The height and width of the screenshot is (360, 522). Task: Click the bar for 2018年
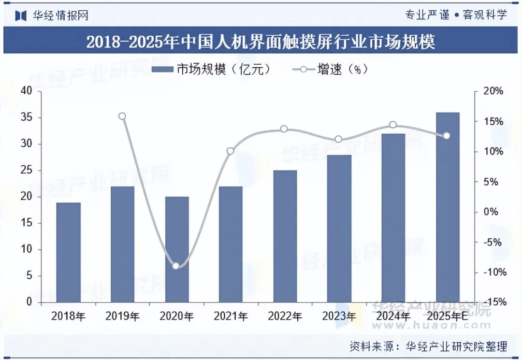click(x=68, y=252)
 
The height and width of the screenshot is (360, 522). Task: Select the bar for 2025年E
click(x=448, y=207)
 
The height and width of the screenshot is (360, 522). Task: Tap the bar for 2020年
click(x=177, y=249)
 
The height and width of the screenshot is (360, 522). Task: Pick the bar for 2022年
click(x=285, y=236)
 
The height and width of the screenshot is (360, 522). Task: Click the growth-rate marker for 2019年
click(x=122, y=116)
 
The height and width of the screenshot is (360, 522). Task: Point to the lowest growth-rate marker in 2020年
click(x=176, y=266)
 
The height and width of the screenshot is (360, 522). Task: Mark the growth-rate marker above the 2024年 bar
click(x=393, y=125)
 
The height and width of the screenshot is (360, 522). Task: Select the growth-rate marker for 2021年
click(x=230, y=151)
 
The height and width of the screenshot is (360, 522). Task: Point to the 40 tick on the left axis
click(x=27, y=91)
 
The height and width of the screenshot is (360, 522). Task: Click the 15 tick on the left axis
click(x=27, y=223)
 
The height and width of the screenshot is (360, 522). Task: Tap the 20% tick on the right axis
click(x=493, y=91)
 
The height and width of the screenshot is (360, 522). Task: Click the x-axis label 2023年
click(x=339, y=317)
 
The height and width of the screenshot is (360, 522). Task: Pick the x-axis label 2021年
click(x=231, y=317)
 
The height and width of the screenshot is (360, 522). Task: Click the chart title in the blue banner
click(x=261, y=42)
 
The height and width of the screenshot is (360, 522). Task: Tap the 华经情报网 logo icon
click(x=20, y=15)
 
